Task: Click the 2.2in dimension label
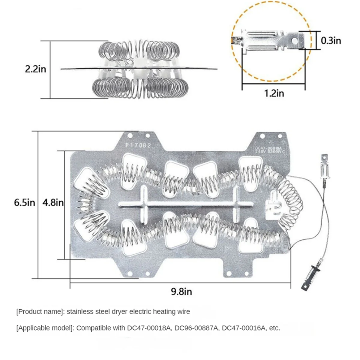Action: click(x=36, y=69)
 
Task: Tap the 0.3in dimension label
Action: click(x=331, y=40)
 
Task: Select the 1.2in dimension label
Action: click(x=274, y=93)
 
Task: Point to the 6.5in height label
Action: click(x=25, y=202)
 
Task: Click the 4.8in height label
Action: click(x=53, y=202)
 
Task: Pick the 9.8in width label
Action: click(x=181, y=291)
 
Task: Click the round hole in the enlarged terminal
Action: click(x=299, y=40)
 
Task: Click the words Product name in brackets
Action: click(x=40, y=312)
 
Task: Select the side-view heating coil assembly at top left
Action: click(x=139, y=69)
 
